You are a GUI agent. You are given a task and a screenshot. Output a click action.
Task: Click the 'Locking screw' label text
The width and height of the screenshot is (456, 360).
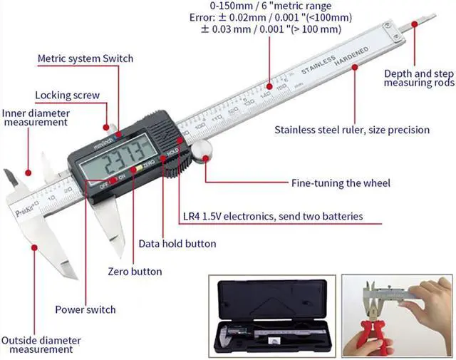point(67,95)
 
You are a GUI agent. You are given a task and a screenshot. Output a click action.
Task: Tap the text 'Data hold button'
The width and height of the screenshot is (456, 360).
point(177,244)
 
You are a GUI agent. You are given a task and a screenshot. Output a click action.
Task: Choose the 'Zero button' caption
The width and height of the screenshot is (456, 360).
point(135,272)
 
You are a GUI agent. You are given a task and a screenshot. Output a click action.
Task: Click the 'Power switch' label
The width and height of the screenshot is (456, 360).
point(85,309)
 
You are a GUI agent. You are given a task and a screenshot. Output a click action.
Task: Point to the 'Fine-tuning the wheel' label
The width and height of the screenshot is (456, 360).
point(341,183)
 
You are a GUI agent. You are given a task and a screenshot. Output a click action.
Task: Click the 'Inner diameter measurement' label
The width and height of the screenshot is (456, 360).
point(36,117)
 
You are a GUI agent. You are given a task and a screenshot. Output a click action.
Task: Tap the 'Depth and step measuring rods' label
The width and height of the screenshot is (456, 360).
point(418,78)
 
